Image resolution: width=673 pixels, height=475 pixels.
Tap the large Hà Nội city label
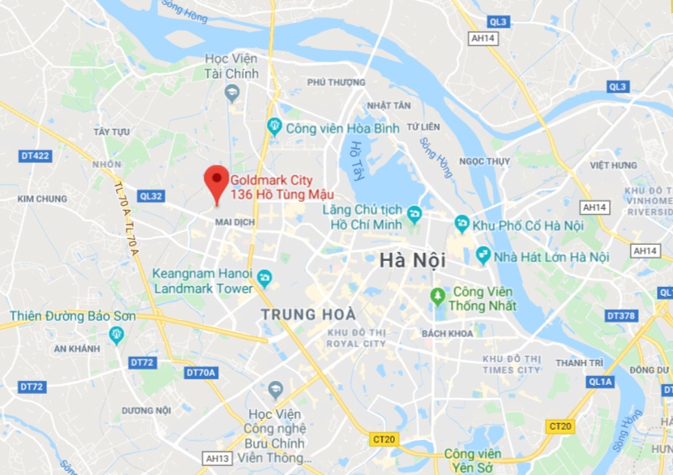(x=413, y=261)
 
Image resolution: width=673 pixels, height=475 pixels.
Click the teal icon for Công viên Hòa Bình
(x=274, y=126)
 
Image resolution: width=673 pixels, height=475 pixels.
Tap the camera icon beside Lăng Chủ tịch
(x=414, y=215)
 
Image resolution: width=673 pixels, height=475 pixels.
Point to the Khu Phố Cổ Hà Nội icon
(x=461, y=224)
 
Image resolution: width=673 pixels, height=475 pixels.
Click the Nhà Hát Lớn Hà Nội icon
(x=483, y=256)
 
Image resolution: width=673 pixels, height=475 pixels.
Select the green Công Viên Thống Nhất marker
(x=438, y=297)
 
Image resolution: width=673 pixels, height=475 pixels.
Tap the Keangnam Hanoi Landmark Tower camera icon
(x=264, y=280)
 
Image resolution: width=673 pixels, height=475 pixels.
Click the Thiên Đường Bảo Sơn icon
(x=117, y=333)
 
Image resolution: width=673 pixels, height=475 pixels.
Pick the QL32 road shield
(x=151, y=195)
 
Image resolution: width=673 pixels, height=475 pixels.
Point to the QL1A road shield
(x=601, y=381)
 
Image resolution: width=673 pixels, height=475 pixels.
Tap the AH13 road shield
(x=216, y=459)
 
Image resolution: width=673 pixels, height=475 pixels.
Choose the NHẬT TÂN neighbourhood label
(x=388, y=105)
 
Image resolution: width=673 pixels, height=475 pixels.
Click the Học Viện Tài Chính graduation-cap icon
(x=232, y=94)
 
